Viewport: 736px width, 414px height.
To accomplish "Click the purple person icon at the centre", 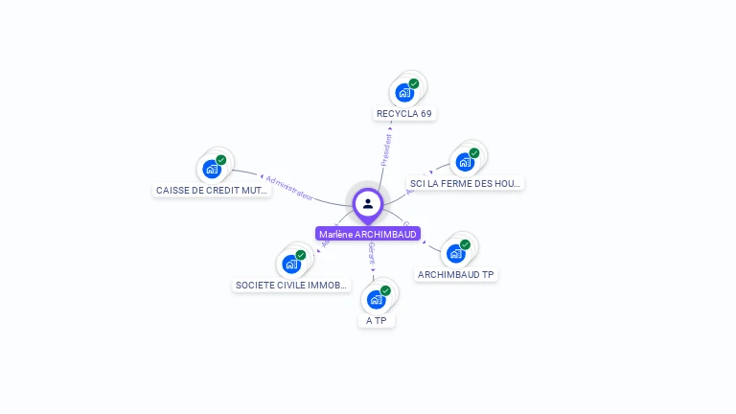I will [x=368, y=203].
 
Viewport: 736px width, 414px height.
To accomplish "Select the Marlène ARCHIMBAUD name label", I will [x=368, y=234].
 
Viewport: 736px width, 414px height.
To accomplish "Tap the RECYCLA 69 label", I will [x=404, y=113].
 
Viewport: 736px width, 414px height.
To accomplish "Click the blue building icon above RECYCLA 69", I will [x=403, y=93].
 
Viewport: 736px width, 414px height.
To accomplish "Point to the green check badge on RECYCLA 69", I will [x=414, y=83].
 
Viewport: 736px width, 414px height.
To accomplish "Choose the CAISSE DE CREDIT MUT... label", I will [x=213, y=190].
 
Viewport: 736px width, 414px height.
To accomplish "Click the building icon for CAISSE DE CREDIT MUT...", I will [x=211, y=170].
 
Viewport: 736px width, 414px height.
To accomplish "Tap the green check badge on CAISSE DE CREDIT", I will [x=221, y=160].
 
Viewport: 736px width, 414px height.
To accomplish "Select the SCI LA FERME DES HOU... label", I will [x=466, y=183].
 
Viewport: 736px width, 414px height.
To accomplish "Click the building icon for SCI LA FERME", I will [x=465, y=162].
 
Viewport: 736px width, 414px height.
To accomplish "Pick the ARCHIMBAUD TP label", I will [x=456, y=274].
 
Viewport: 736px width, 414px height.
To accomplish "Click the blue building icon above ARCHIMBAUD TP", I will [x=455, y=254].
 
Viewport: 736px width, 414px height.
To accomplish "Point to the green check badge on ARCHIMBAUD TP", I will [x=466, y=244].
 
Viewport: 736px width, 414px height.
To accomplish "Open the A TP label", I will [x=377, y=320].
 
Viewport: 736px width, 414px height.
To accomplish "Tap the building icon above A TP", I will [x=377, y=299].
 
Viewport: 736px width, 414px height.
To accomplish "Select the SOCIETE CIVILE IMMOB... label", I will [x=292, y=285].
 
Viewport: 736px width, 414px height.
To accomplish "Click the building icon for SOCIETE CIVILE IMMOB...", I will [x=290, y=264].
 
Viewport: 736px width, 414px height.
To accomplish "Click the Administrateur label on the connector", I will [x=289, y=187].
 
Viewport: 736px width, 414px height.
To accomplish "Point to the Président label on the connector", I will [x=386, y=150].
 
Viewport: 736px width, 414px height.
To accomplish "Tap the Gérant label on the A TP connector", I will [x=372, y=252].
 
